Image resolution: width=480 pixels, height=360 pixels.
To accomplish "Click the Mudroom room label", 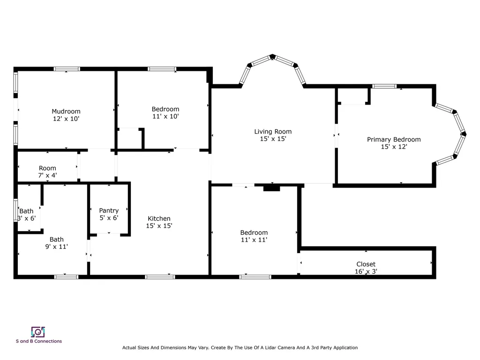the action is [x=66, y=112].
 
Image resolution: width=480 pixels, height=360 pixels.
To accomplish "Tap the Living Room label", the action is [x=273, y=132].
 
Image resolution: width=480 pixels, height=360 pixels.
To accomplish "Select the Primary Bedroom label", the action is [x=394, y=140].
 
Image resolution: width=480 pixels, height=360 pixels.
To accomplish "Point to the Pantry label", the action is [x=109, y=210].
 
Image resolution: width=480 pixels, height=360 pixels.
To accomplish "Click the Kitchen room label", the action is [x=159, y=218].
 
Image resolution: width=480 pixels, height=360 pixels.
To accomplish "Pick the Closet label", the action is [x=366, y=264].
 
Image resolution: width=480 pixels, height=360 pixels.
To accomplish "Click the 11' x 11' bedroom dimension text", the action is [x=254, y=240].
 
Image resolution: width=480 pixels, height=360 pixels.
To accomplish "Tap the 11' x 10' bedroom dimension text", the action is [x=165, y=116].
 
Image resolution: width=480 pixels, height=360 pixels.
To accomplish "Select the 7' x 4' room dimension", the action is [x=47, y=175].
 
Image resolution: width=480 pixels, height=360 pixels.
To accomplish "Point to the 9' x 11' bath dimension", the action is [x=56, y=247].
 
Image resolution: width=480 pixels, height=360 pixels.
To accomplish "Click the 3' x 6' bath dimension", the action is [x=27, y=218].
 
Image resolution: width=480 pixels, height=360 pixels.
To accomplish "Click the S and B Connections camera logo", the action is [x=38, y=332].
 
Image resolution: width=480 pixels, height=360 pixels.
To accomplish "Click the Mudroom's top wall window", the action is [x=67, y=69].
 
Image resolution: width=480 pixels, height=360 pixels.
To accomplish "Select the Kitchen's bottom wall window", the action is [x=160, y=277].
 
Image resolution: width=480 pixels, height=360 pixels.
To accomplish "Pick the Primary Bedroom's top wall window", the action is [x=384, y=86].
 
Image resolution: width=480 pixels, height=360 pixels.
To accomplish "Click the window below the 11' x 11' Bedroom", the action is [x=255, y=277].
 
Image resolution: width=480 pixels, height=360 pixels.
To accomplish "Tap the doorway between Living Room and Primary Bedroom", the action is [x=337, y=135].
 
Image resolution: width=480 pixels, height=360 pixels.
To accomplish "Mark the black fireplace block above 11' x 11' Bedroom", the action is [x=271, y=188].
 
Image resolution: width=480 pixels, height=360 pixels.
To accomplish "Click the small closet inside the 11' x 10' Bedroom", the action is [x=130, y=139].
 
